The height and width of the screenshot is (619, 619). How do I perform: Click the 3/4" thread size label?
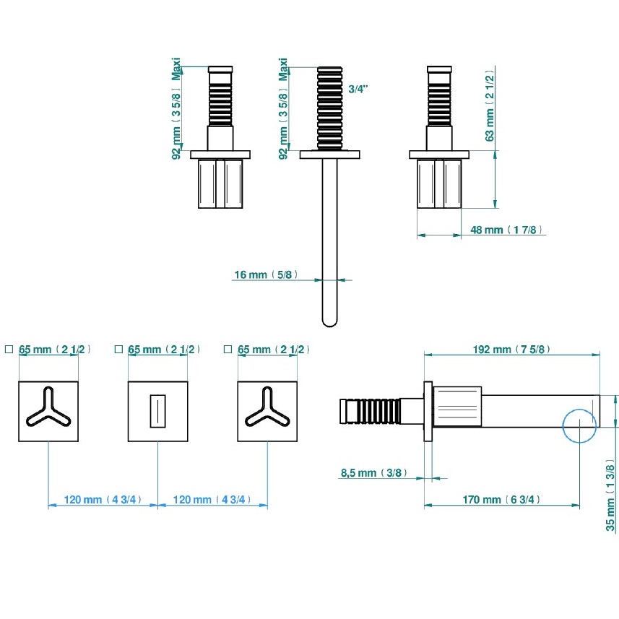358,89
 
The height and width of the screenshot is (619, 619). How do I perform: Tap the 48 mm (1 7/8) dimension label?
506,230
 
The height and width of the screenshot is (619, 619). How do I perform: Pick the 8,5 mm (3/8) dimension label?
373,473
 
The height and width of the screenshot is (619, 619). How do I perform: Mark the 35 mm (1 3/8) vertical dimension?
611,497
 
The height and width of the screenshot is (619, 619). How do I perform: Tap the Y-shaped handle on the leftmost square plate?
48,409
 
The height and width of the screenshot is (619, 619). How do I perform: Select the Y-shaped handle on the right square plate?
267,409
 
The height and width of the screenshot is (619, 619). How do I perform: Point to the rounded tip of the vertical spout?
329,319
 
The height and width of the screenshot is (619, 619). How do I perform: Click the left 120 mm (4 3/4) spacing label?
103,499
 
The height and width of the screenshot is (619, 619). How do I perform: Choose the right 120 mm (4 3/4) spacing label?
212,499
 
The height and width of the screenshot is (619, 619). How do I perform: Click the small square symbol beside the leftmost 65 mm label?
9,350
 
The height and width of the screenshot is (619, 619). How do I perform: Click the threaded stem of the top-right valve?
440,100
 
